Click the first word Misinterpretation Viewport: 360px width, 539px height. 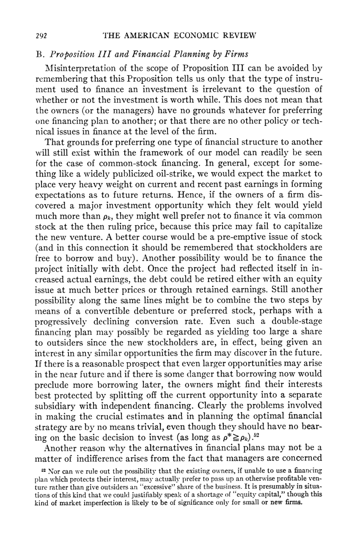point(82,69)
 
